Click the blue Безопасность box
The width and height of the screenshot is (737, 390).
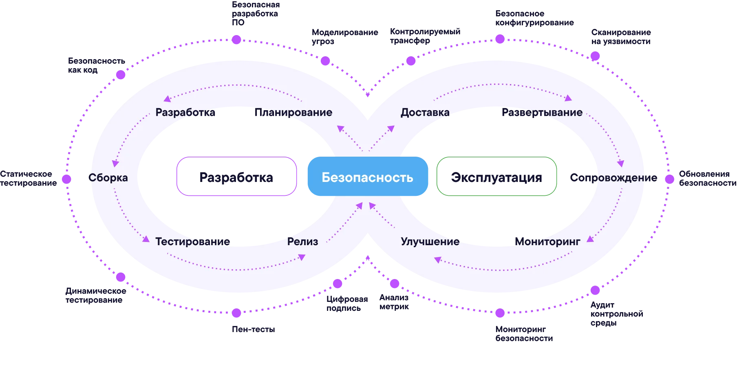(x=367, y=177)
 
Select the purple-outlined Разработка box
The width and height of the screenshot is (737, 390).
(x=236, y=177)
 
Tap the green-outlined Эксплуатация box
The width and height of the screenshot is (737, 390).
(x=496, y=177)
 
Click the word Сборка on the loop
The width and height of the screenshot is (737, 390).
(x=108, y=178)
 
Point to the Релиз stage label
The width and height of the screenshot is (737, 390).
(x=302, y=242)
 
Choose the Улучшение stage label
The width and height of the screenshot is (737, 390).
(x=430, y=242)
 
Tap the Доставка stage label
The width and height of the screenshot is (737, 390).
(x=425, y=112)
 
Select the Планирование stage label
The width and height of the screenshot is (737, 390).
(x=293, y=112)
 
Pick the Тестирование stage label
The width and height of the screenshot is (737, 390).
(x=192, y=242)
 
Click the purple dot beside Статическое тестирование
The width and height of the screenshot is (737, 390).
(x=66, y=179)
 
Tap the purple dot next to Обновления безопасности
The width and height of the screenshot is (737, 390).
(x=669, y=179)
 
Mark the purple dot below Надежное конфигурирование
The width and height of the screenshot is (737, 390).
(x=500, y=39)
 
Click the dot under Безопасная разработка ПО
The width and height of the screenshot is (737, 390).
(x=236, y=40)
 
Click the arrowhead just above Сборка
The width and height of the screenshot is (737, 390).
(x=115, y=164)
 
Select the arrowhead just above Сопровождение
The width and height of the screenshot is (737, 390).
(x=621, y=164)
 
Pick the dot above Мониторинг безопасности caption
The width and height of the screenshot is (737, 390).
(x=500, y=313)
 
